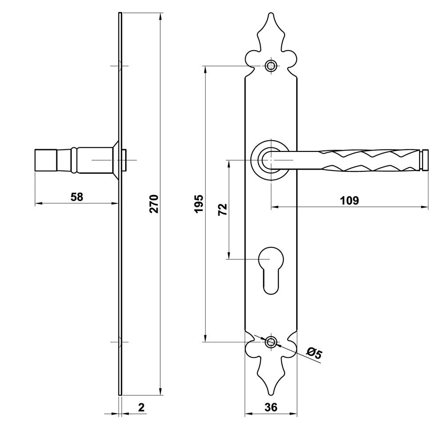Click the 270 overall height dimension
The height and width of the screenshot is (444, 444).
[x=154, y=203]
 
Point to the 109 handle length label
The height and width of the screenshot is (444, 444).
[x=349, y=200]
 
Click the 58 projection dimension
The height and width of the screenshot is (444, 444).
[x=77, y=197]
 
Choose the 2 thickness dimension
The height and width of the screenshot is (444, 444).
[x=141, y=407]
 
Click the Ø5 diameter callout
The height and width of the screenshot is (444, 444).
[x=314, y=354]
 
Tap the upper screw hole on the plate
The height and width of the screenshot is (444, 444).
[x=271, y=66]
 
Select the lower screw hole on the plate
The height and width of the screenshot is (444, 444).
[x=271, y=342]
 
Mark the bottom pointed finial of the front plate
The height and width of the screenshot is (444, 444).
[x=271, y=386]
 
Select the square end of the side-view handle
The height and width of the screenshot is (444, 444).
[x=46, y=160]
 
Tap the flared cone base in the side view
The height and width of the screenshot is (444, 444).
[x=115, y=160]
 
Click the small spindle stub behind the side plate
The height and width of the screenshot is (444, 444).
[x=125, y=160]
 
